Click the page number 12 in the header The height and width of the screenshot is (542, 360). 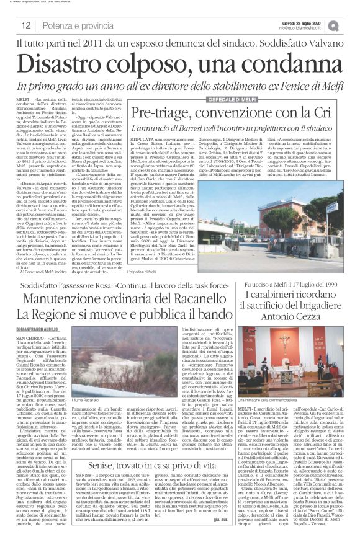[x=26, y=25]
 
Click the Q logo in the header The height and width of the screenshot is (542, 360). [x=351, y=25]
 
